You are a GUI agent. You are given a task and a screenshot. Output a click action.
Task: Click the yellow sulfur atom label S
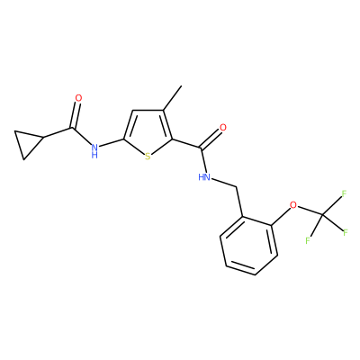click(x=148, y=157)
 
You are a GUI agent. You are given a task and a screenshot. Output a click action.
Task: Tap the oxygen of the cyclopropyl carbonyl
click(x=78, y=98)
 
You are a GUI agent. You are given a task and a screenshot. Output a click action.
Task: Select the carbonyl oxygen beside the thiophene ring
click(x=223, y=128)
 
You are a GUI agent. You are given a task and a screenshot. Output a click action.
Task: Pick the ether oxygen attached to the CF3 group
click(x=293, y=205)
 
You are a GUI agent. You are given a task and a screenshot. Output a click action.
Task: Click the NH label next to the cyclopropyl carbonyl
click(x=94, y=150)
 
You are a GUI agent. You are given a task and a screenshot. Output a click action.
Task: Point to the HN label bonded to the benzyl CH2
click(x=204, y=177)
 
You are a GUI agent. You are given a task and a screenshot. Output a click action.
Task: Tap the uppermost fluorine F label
click(x=344, y=193)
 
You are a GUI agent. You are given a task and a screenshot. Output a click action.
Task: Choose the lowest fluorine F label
click(x=308, y=240)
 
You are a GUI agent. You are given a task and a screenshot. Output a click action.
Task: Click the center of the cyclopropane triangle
click(x=28, y=142)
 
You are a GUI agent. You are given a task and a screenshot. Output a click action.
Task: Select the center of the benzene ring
click(x=248, y=246)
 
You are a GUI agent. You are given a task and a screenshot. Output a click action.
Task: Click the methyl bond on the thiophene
click(x=173, y=98)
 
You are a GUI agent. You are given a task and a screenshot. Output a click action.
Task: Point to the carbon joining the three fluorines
click(x=322, y=215)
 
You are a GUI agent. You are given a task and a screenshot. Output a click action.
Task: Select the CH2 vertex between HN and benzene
click(x=237, y=187)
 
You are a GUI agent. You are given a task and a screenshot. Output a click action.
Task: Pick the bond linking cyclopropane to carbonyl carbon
click(x=58, y=133)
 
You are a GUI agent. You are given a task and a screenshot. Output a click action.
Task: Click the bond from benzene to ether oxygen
click(x=281, y=217)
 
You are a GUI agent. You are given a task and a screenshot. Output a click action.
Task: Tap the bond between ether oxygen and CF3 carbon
click(x=310, y=211)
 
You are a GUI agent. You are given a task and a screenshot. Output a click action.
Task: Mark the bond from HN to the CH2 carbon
click(x=224, y=183)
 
